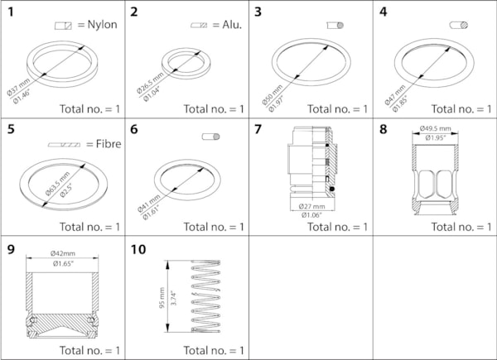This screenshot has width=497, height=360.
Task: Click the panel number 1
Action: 10,12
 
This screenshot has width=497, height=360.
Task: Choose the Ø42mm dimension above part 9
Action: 63,252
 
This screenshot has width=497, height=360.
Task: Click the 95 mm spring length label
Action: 162,298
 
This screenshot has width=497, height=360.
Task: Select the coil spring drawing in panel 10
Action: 207,296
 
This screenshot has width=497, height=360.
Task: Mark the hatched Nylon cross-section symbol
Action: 63,26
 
